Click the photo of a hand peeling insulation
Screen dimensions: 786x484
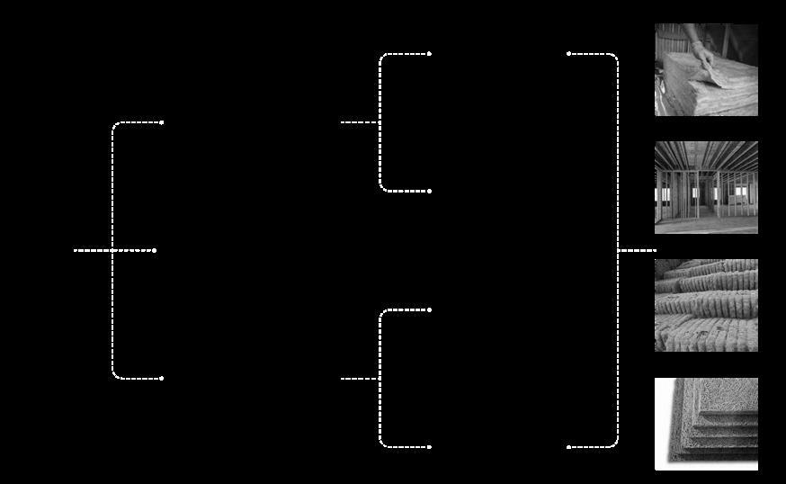pyautogui.click(x=706, y=70)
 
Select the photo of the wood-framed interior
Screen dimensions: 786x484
pyautogui.click(x=706, y=187)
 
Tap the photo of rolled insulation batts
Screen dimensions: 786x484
pyautogui.click(x=706, y=305)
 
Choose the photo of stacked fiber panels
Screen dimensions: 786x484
pyautogui.click(x=706, y=423)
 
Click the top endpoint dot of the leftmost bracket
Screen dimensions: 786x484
pyautogui.click(x=162, y=122)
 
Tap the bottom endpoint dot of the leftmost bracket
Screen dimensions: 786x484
pyautogui.click(x=162, y=379)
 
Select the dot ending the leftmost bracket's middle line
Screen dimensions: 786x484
pyautogui.click(x=155, y=250)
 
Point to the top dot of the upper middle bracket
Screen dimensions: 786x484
pyautogui.click(x=430, y=54)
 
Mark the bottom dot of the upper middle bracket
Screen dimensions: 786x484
pyautogui.click(x=430, y=191)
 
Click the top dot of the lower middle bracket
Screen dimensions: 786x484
pyautogui.click(x=430, y=310)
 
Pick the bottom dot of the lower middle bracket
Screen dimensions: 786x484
pyautogui.click(x=430, y=447)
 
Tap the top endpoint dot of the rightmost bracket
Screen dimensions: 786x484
pyautogui.click(x=568, y=54)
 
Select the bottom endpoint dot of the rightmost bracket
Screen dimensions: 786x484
pyautogui.click(x=568, y=447)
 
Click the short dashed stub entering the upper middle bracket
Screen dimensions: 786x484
pyautogui.click(x=360, y=122)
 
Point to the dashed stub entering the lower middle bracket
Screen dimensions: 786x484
pyautogui.click(x=360, y=379)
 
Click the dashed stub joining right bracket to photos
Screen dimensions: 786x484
pyautogui.click(x=637, y=250)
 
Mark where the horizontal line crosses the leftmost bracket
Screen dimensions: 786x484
pyautogui.click(x=112, y=250)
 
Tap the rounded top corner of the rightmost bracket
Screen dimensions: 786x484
pyautogui.click(x=615, y=58)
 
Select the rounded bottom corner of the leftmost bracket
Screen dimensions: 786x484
pyautogui.click(x=115, y=375)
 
